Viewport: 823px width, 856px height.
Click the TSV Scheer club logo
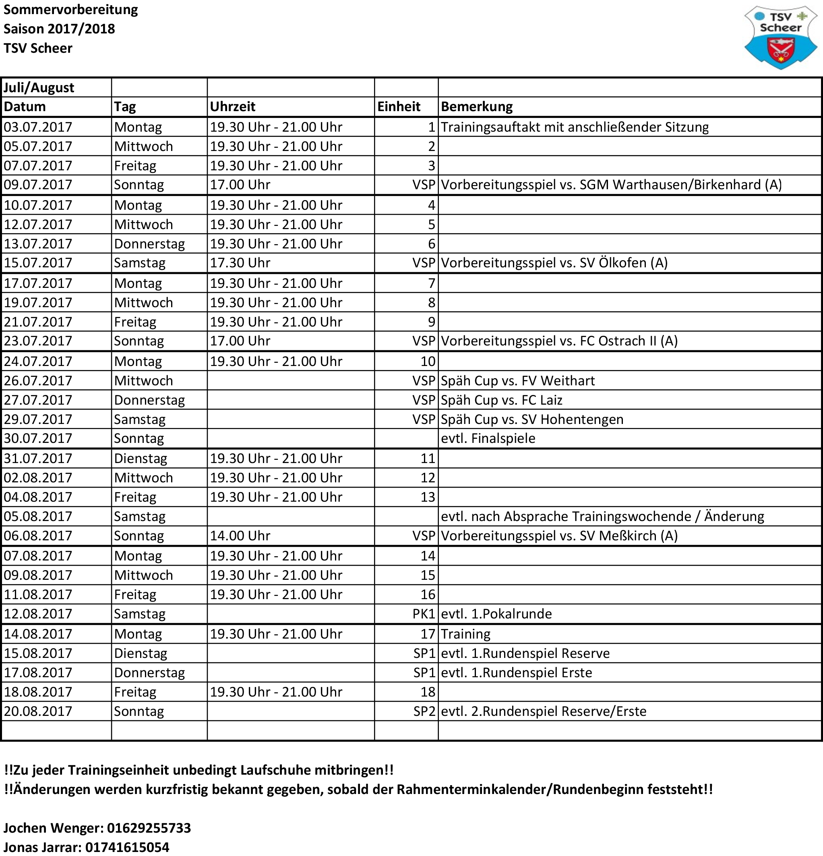[780, 38]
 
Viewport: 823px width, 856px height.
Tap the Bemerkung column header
[477, 107]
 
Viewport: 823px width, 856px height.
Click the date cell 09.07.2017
[38, 185]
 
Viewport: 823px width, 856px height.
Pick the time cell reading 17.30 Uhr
[240, 263]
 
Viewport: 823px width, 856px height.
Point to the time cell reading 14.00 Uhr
[240, 536]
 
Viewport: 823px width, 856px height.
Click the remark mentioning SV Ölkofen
[554, 263]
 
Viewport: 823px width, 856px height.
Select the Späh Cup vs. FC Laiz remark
[501, 400]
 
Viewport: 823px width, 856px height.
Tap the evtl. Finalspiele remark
[488, 438]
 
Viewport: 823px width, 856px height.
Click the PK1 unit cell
[424, 614]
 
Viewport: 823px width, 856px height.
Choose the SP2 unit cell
[424, 711]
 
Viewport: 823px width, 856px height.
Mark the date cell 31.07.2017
[38, 459]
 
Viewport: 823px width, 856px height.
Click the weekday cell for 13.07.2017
[149, 244]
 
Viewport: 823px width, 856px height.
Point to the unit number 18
[428, 692]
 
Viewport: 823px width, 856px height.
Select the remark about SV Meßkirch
[559, 536]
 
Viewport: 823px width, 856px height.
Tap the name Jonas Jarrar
[42, 847]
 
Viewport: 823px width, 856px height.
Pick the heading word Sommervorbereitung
[71, 10]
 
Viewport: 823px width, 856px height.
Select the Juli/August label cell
[39, 88]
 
